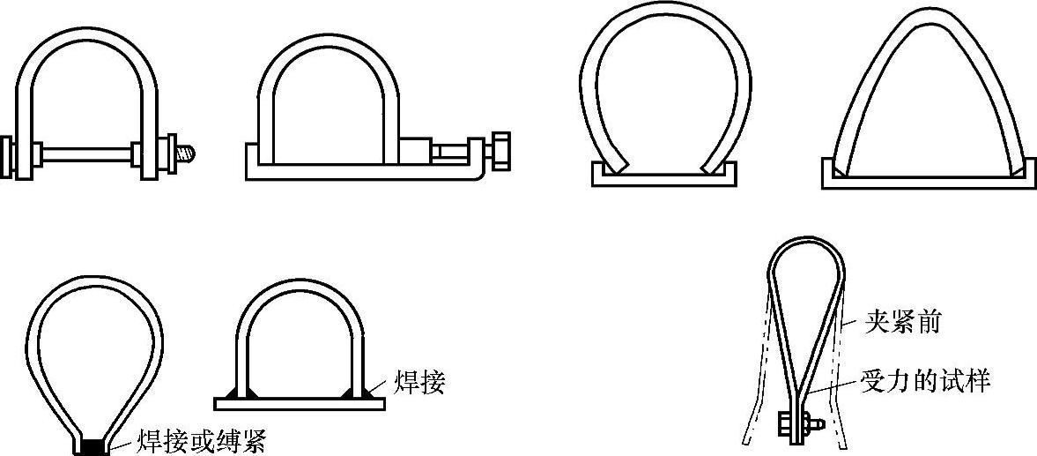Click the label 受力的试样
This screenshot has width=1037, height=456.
point(924,381)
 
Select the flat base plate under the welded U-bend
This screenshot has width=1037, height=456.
point(300,403)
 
